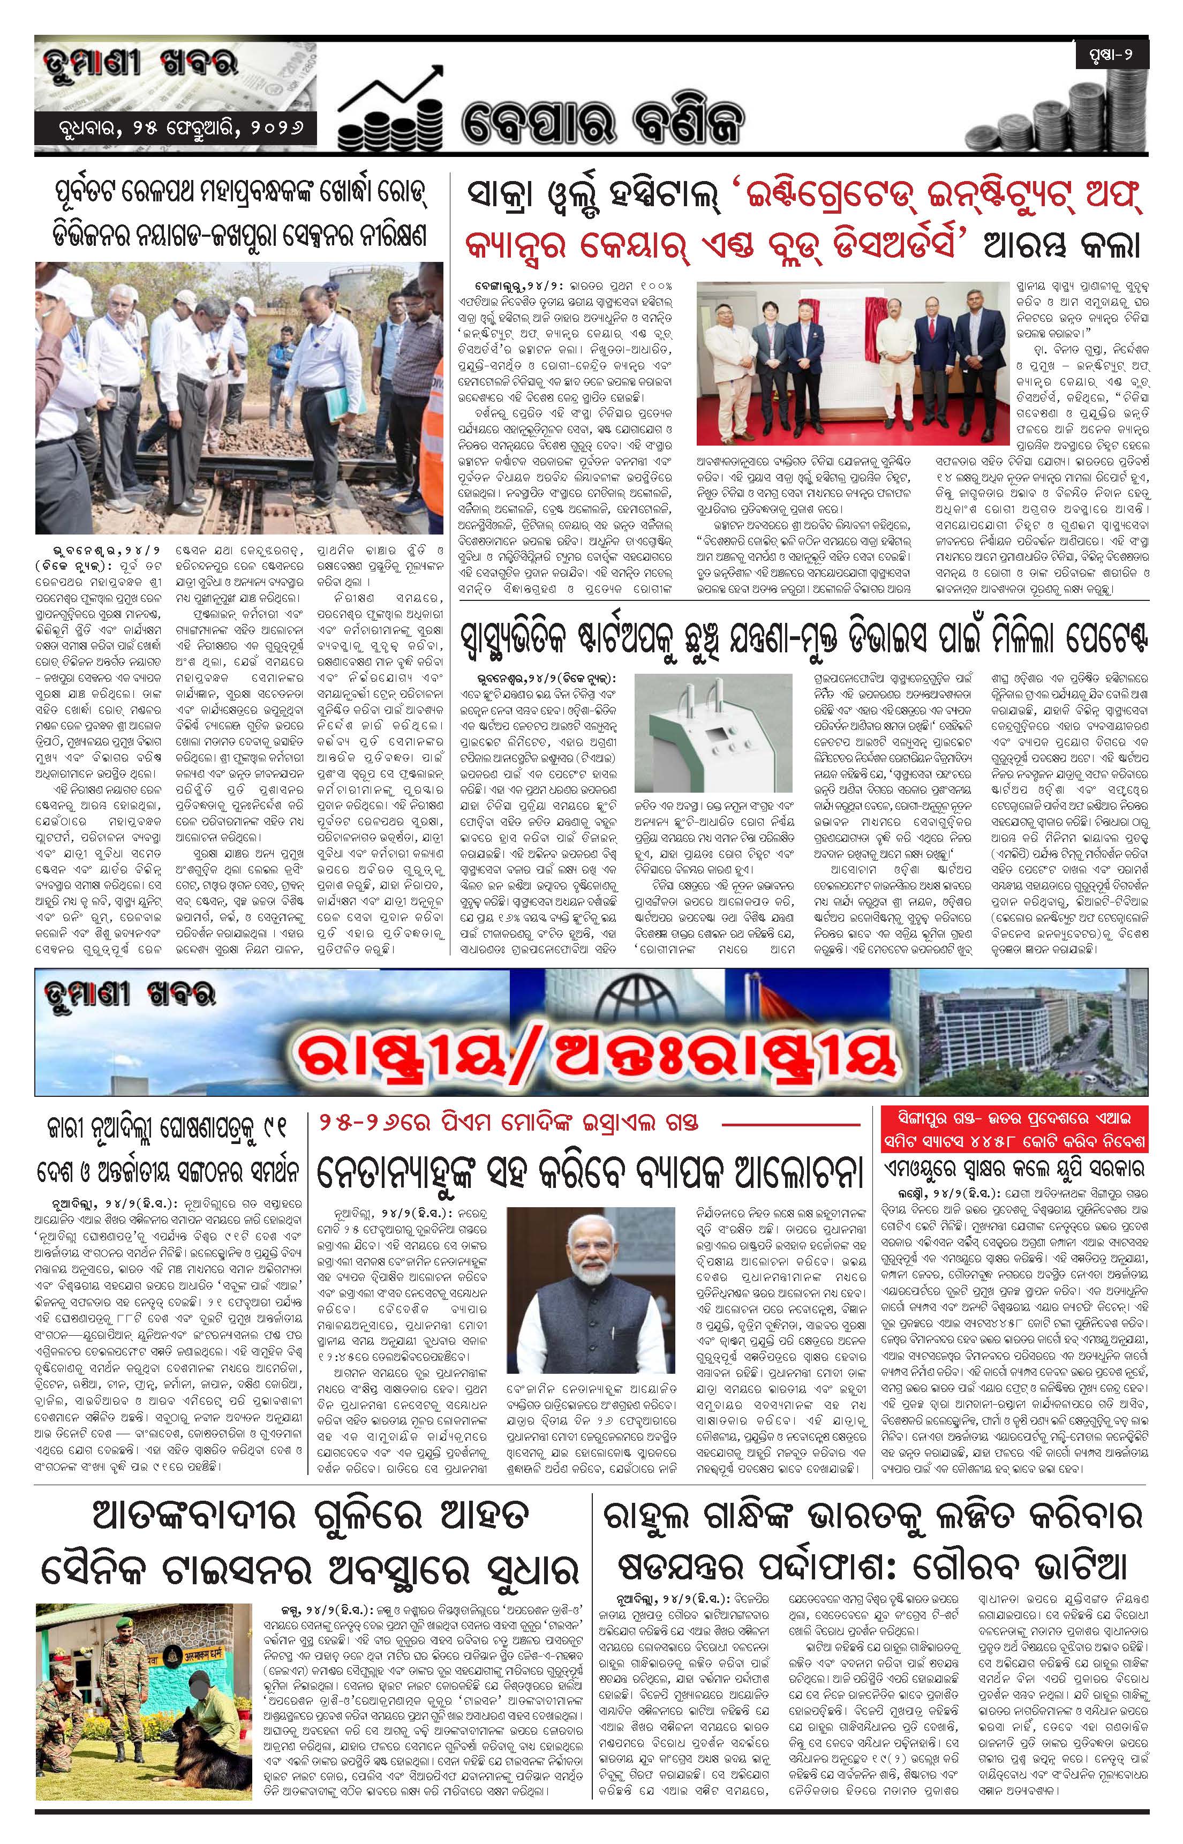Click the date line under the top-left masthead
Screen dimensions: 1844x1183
tap(175, 127)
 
